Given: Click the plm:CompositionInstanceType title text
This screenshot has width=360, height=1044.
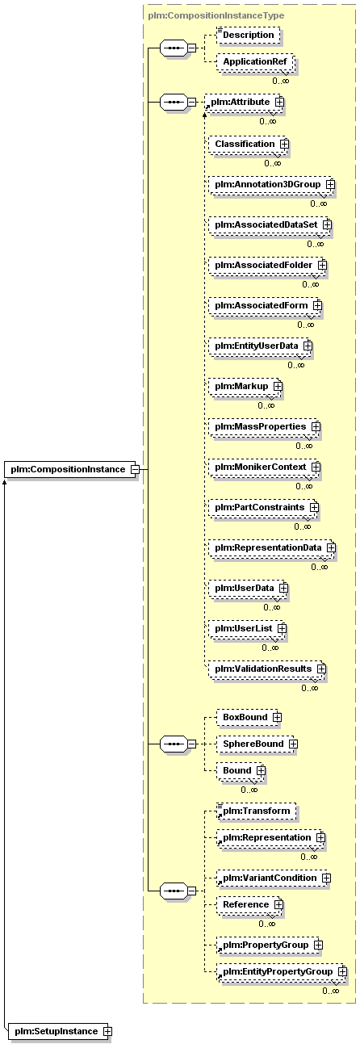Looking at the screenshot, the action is pyautogui.click(x=216, y=15).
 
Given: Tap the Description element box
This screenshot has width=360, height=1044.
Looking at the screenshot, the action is pyautogui.click(x=249, y=35).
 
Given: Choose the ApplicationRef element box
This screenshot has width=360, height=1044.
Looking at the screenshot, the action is pyautogui.click(x=255, y=61).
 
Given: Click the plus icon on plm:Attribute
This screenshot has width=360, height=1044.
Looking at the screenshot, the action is pyautogui.click(x=279, y=102).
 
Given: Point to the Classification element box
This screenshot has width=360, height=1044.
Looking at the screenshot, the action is pyautogui.click(x=249, y=144).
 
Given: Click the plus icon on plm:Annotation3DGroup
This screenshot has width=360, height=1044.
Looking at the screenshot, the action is pyautogui.click(x=330, y=184).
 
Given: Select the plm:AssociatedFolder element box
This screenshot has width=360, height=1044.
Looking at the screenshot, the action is pyautogui.click(x=268, y=265).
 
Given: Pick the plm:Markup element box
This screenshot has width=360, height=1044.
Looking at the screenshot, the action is pyautogui.click(x=245, y=387).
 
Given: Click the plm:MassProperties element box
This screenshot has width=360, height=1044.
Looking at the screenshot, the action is pyautogui.click(x=265, y=427).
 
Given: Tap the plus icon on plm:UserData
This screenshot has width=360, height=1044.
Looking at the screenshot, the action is pyautogui.click(x=283, y=588).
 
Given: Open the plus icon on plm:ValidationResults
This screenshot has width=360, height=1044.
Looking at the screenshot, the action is pyautogui.click(x=321, y=669).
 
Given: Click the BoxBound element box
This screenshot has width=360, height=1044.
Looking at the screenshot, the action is pyautogui.click(x=249, y=717).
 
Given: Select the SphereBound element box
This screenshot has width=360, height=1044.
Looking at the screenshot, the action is pyautogui.click(x=257, y=744).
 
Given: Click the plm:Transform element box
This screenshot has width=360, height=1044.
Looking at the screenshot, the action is pyautogui.click(x=257, y=811).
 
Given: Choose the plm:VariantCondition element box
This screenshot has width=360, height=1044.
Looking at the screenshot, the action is pyautogui.click(x=274, y=878).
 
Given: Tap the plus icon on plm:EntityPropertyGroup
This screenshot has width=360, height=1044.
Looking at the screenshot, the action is pyautogui.click(x=343, y=972).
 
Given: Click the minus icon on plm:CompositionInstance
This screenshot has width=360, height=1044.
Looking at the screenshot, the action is pyautogui.click(x=135, y=469).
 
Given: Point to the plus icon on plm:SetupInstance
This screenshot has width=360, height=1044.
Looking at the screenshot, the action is pyautogui.click(x=107, y=1031).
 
